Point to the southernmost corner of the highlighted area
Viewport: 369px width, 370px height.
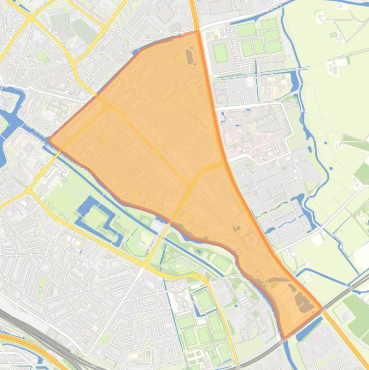point(284,339)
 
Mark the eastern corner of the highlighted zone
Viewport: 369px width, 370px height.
point(321,308)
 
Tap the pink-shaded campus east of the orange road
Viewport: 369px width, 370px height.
point(250,130)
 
